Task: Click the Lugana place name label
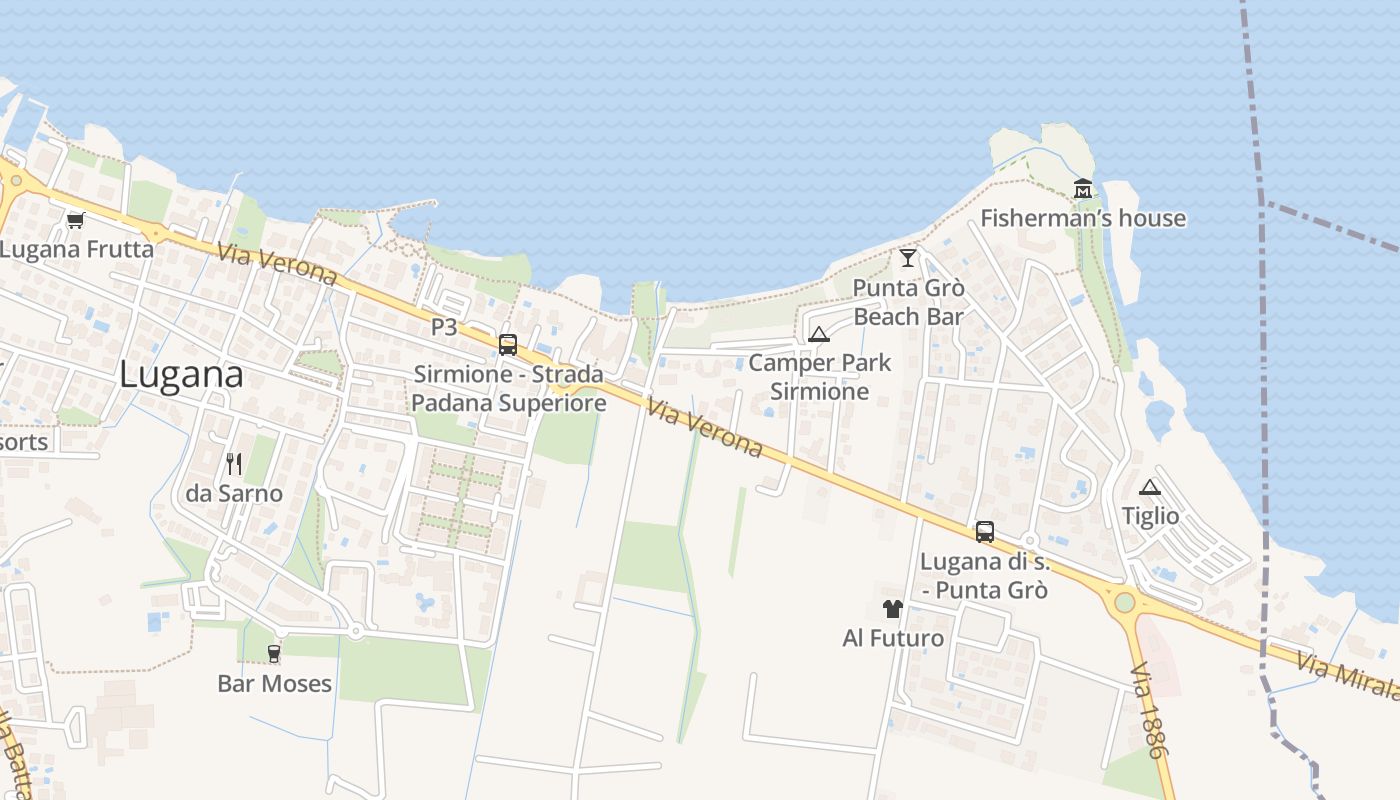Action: pyautogui.click(x=181, y=375)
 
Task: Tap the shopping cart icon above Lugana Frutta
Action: pyautogui.click(x=75, y=220)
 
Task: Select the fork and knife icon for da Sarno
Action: pyautogui.click(x=234, y=463)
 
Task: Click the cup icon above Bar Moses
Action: pyautogui.click(x=274, y=654)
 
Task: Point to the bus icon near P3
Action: pyautogui.click(x=508, y=345)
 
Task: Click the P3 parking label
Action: pyautogui.click(x=444, y=327)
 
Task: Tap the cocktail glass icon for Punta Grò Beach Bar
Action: pyautogui.click(x=908, y=258)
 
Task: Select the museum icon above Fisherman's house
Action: pyautogui.click(x=1083, y=188)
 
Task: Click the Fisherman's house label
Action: pyautogui.click(x=1083, y=218)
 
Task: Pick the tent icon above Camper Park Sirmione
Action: pyautogui.click(x=819, y=334)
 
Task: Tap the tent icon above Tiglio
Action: pyautogui.click(x=1150, y=487)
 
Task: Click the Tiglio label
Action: pyautogui.click(x=1150, y=516)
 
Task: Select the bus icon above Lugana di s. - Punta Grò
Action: pyautogui.click(x=985, y=532)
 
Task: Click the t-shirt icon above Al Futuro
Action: pyautogui.click(x=893, y=608)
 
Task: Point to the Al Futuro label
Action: pyautogui.click(x=893, y=638)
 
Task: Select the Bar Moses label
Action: pyautogui.click(x=274, y=684)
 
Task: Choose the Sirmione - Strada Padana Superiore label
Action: pyautogui.click(x=509, y=389)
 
